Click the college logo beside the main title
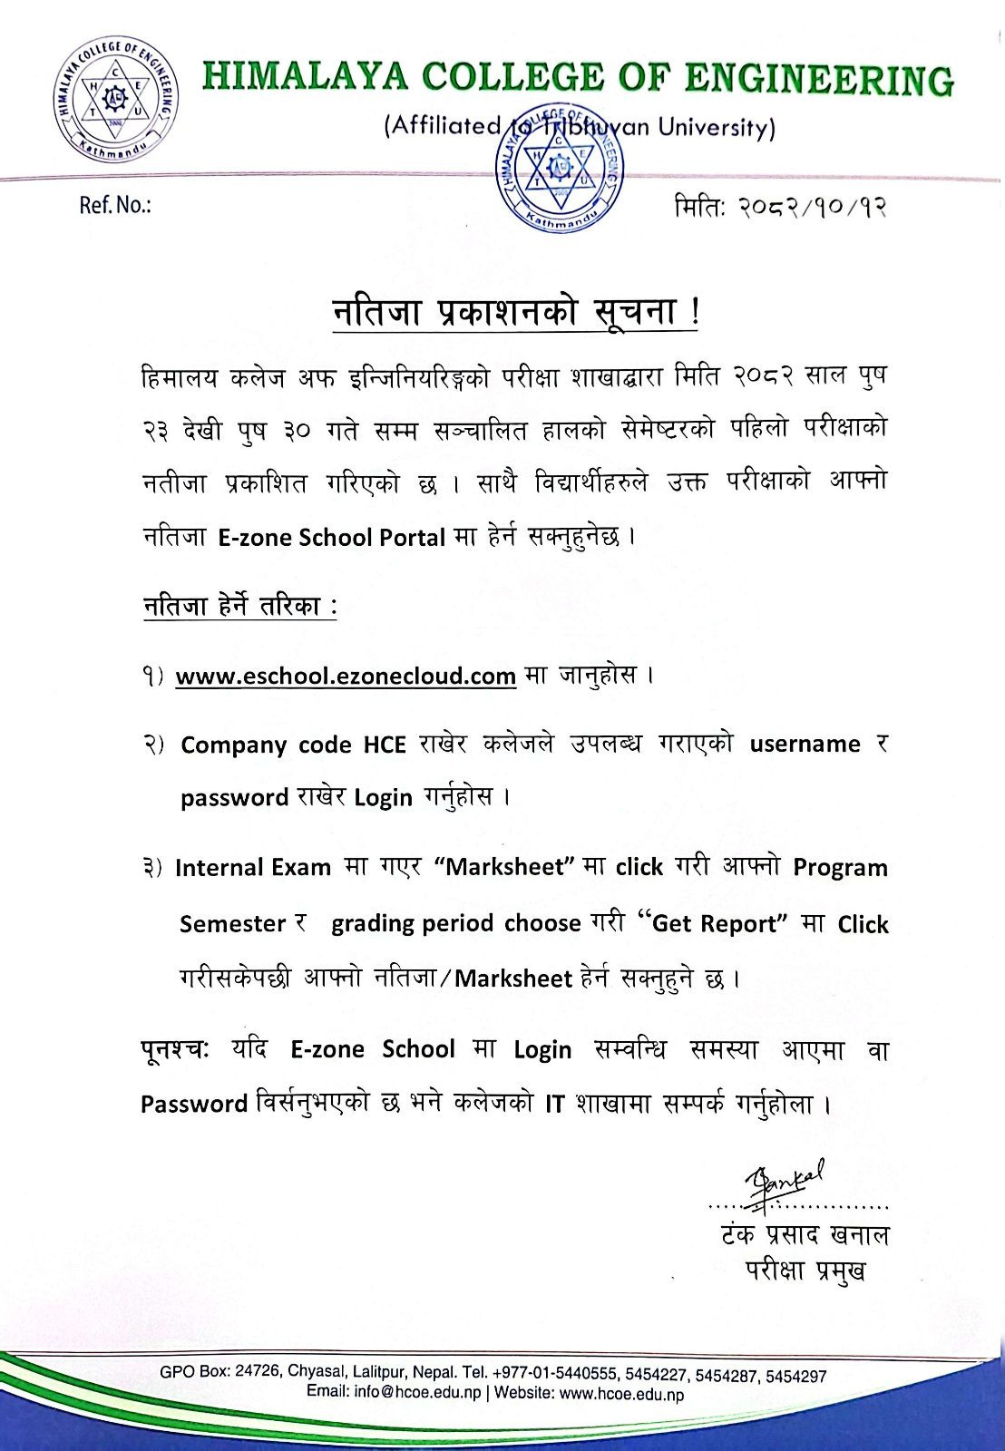(x=116, y=99)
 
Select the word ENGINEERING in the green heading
(x=817, y=80)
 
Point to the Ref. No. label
(x=115, y=206)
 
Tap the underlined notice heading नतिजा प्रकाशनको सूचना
(x=514, y=312)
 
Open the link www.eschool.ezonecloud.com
(x=346, y=677)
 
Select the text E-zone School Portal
(x=331, y=538)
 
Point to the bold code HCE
(x=385, y=745)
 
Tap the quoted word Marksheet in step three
(x=506, y=868)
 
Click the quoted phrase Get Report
(x=715, y=924)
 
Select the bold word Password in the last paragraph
(x=194, y=1105)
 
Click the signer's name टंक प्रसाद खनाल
(x=805, y=1235)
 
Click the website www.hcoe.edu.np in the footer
(x=621, y=1394)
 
